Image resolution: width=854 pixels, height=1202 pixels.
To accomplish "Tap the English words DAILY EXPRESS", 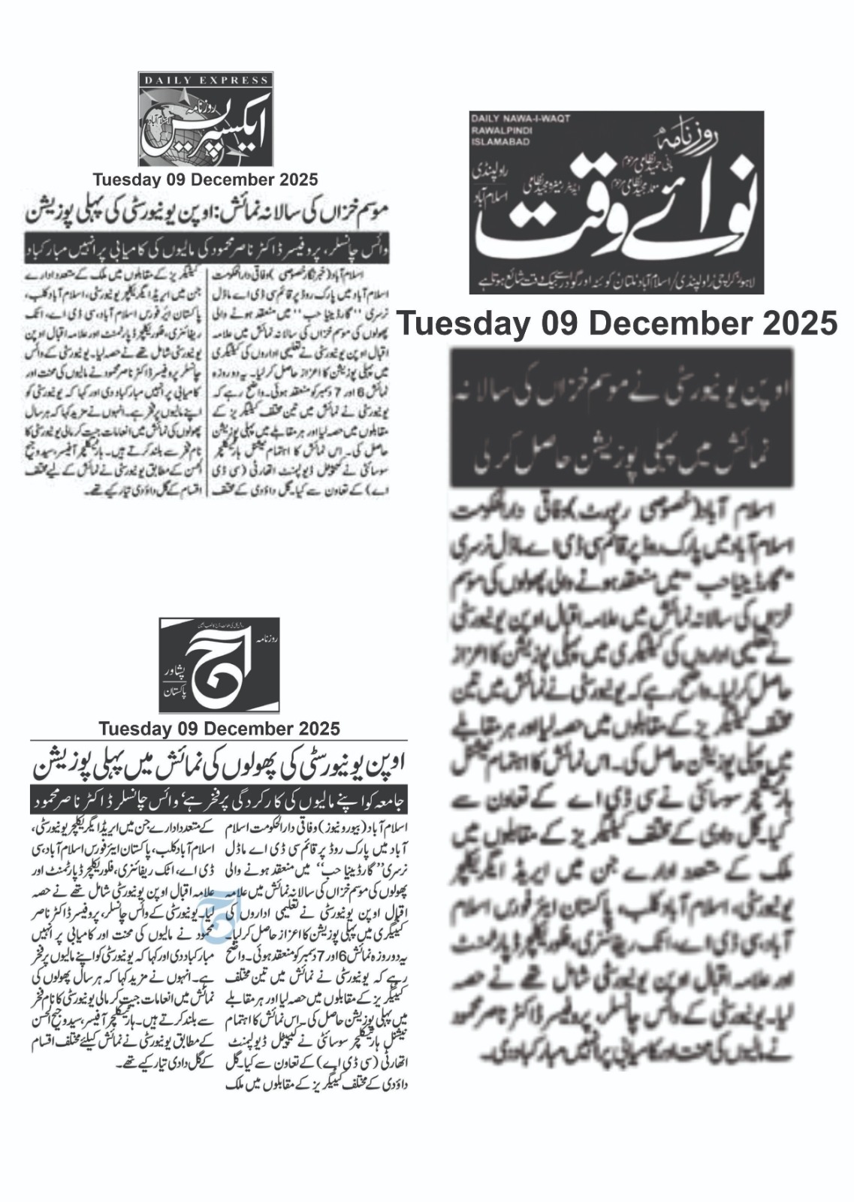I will [x=206, y=80].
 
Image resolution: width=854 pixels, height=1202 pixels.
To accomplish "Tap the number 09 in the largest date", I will [x=560, y=324].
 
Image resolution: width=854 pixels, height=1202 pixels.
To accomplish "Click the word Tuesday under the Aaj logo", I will [x=129, y=728].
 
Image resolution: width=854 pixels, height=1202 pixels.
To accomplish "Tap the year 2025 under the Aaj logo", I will [x=316, y=728].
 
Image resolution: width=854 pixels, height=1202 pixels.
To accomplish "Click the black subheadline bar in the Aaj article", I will [x=217, y=800].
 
